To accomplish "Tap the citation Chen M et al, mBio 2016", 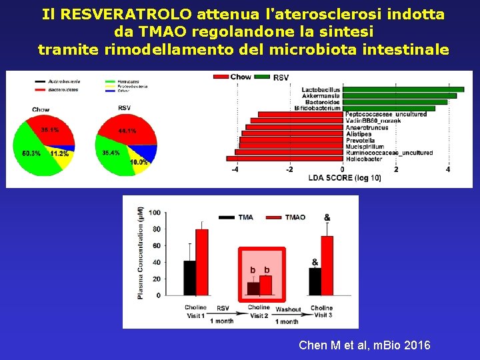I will coord(364,345).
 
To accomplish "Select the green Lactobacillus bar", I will coord(403,89).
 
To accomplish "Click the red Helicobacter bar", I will coord(285,159).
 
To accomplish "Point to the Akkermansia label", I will coord(321,96).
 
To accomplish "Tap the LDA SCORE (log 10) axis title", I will coord(345,178).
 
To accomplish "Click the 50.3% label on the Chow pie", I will coord(31,154).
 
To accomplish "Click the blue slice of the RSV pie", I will coord(151,153).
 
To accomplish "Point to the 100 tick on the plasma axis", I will coord(154,213).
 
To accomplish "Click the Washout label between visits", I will coord(288,309).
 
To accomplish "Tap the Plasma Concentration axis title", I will coord(140,253).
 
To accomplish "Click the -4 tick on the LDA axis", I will coord(235,170).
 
